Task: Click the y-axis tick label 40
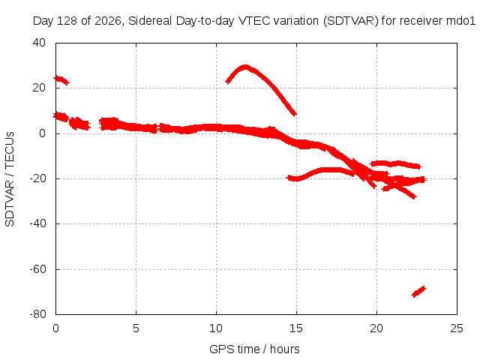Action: (39, 43)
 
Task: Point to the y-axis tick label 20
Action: (39, 88)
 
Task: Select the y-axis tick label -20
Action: (37, 178)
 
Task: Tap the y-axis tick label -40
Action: (37, 223)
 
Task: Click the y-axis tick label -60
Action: (37, 269)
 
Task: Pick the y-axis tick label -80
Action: (37, 314)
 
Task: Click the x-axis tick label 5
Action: (136, 328)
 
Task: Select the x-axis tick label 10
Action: (216, 328)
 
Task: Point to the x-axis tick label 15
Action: (296, 328)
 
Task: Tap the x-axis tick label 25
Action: (457, 328)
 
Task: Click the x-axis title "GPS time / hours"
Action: (254, 349)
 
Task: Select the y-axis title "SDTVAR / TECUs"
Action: (10, 179)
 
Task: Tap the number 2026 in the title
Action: (108, 21)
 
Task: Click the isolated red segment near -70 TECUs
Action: (418, 292)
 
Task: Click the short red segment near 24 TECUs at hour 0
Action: (61, 80)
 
